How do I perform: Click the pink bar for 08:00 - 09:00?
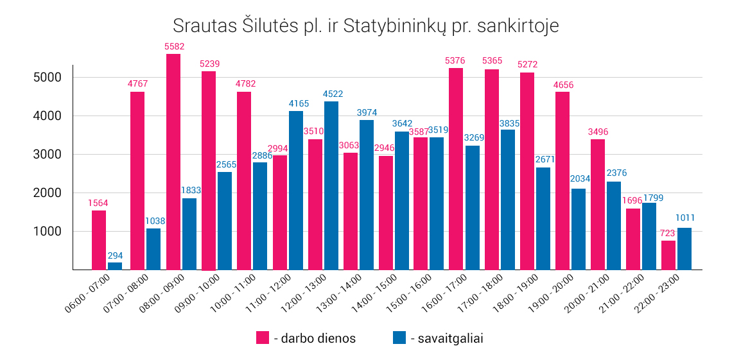coord(173,162)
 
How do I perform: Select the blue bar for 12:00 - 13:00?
coord(331,185)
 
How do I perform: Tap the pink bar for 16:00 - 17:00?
coord(456,169)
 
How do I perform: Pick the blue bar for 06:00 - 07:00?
coord(115,266)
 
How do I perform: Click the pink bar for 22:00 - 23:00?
coord(668,255)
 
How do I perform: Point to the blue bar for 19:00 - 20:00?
coord(579,228)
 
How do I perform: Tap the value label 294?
coord(115,255)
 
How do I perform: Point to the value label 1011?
coord(685,218)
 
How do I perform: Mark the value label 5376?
coord(455,61)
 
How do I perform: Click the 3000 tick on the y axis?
coord(49,155)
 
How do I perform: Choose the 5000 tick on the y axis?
coord(49,78)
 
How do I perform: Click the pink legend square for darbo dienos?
coord(262,338)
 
